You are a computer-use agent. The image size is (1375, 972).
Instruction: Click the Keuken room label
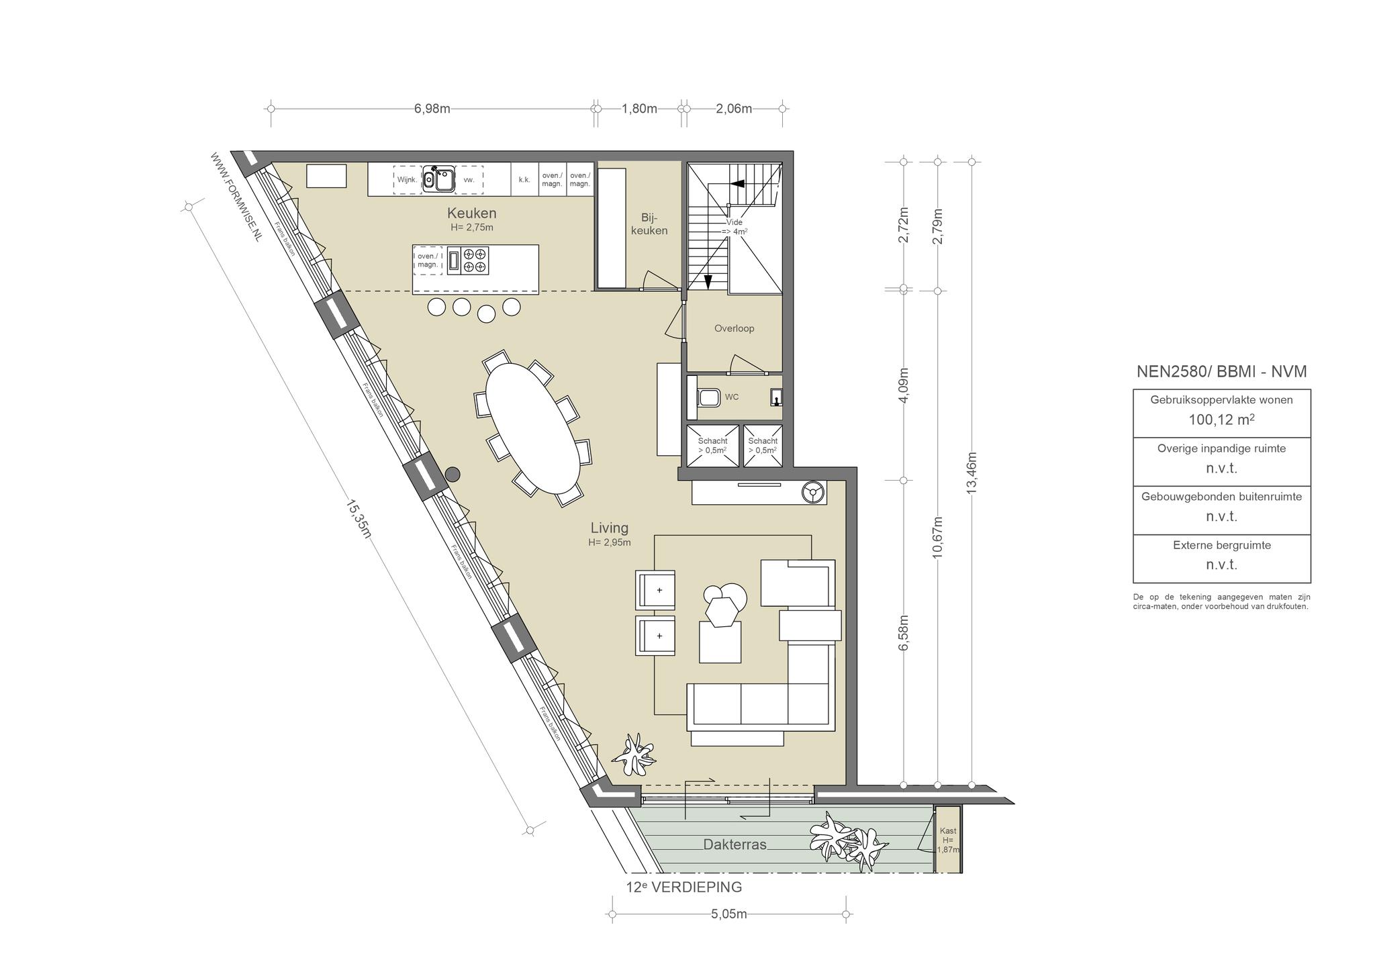pos(472,213)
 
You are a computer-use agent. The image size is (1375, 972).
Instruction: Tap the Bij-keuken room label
pos(650,224)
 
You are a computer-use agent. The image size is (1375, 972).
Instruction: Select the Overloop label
pos(734,328)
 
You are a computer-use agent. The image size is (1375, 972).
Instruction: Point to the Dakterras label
pos(734,844)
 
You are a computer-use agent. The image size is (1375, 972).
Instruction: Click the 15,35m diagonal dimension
pos(359,518)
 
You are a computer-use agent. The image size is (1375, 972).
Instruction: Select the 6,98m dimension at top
pos(432,109)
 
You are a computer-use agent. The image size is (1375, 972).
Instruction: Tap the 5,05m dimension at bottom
pos(728,914)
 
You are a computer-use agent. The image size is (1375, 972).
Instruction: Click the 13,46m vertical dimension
pos(971,473)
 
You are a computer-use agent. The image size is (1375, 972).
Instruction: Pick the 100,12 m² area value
pos(1221,420)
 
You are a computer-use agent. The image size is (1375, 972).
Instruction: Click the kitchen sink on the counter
pos(438,179)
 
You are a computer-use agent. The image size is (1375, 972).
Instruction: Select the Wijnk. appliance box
pos(408,180)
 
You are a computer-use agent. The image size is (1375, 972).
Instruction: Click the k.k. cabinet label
pos(524,180)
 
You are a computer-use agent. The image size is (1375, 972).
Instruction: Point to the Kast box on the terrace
pos(948,840)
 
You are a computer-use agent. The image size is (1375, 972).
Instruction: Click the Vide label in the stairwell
pos(734,222)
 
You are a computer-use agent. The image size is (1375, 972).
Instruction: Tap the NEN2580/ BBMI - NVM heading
pos(1221,371)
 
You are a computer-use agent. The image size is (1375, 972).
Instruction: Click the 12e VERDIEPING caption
pos(684,887)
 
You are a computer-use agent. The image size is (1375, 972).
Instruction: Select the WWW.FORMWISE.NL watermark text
pos(236,196)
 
